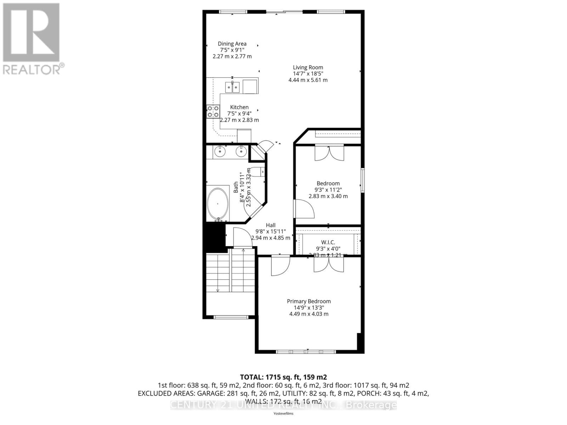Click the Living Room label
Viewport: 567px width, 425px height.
[308, 67]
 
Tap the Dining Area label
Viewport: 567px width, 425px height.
[232, 44]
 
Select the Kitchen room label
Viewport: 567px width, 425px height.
[239, 107]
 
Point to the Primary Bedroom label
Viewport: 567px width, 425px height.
[309, 301]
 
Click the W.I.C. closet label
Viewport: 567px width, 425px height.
[328, 242]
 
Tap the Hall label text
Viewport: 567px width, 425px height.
[270, 225]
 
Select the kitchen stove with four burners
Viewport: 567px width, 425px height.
[213, 112]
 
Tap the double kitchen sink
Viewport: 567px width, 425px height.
[232, 87]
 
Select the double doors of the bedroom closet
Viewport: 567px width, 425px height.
[329, 153]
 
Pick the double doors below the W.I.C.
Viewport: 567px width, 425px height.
[329, 265]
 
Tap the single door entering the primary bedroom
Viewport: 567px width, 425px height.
[280, 266]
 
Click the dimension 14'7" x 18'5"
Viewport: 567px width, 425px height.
[308, 74]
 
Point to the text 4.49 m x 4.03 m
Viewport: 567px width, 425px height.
[309, 314]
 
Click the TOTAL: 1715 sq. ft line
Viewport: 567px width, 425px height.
[283, 377]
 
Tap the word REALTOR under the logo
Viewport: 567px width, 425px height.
[32, 69]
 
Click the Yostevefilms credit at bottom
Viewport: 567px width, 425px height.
[283, 413]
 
